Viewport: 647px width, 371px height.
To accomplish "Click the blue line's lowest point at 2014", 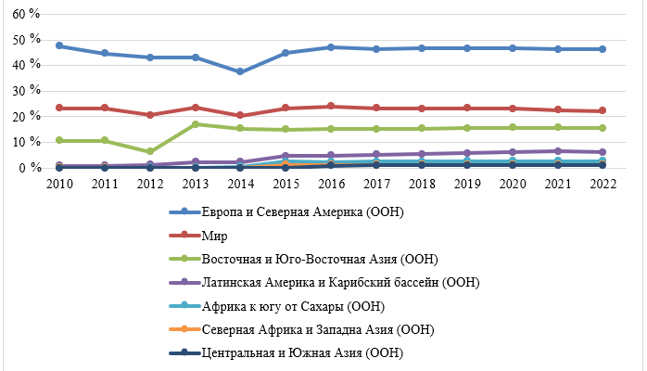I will [x=240, y=71].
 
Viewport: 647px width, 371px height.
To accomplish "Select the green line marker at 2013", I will [x=195, y=123].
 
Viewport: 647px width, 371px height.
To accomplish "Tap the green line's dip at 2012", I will [x=149, y=151].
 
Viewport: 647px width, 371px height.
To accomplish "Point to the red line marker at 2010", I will [x=58, y=108].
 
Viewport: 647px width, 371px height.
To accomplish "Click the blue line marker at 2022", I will [x=602, y=49].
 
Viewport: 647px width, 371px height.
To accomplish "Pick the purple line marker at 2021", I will [x=556, y=150].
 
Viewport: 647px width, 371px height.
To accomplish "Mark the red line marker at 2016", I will [x=330, y=106].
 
